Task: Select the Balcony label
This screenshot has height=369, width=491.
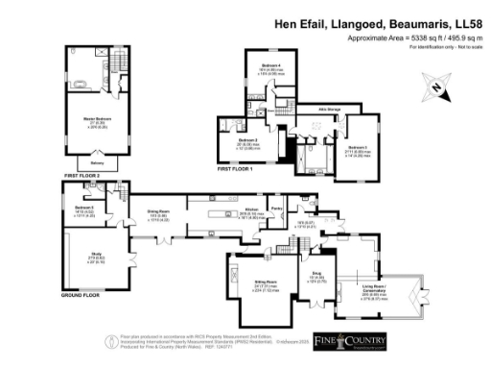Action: pyautogui.click(x=98, y=164)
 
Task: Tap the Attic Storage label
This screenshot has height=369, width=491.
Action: pyautogui.click(x=329, y=110)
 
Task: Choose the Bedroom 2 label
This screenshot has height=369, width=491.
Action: pyautogui.click(x=249, y=140)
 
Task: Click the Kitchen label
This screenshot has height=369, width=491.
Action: pyautogui.click(x=251, y=209)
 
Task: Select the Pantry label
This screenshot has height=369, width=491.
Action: pyautogui.click(x=276, y=209)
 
